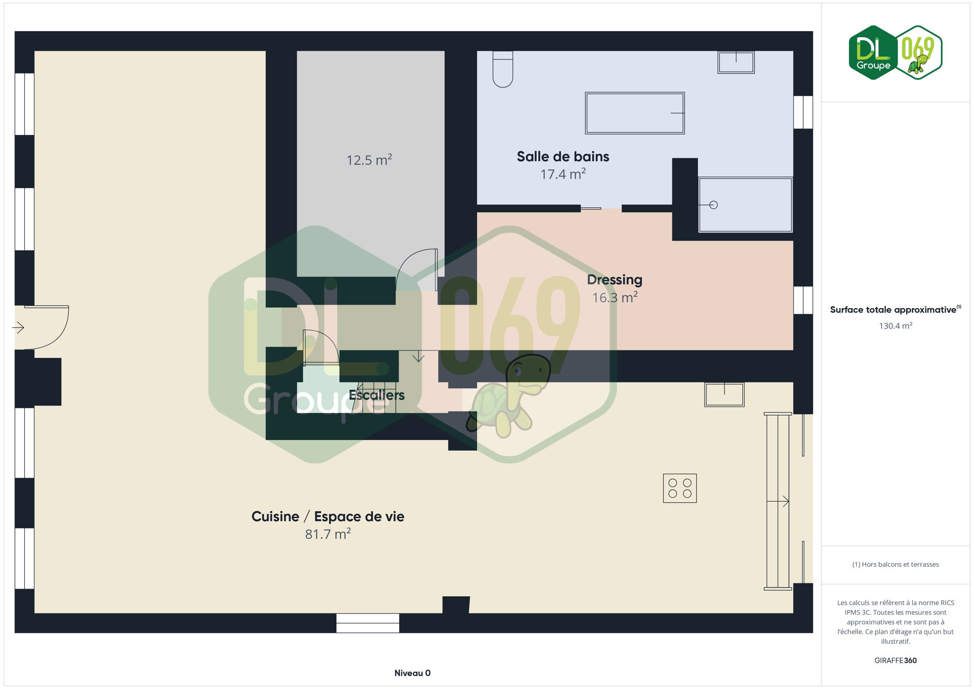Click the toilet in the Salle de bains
503,69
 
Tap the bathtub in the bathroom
635,113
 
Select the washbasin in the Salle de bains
736,62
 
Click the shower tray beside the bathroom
745,205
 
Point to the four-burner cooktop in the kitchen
680,488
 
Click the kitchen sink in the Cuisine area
724,394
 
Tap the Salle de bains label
563,156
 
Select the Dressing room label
615,280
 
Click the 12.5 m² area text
369,160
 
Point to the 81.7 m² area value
328,534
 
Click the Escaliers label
377,395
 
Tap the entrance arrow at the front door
18,328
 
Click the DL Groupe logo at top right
895,53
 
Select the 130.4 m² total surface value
896,326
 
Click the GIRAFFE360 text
896,660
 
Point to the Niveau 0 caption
413,673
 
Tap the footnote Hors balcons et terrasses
896,565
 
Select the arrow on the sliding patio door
778,501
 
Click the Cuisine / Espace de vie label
328,517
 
